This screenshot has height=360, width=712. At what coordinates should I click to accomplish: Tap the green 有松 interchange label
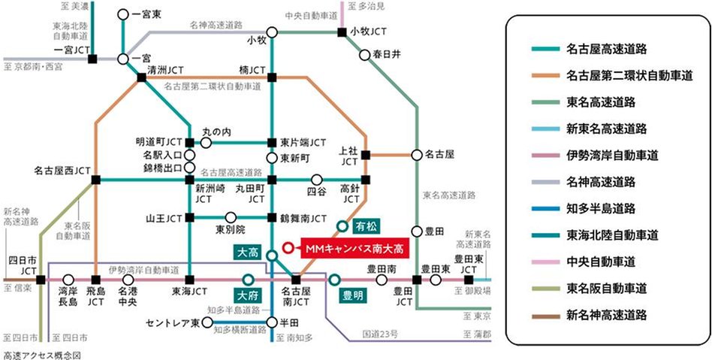coord(365,225)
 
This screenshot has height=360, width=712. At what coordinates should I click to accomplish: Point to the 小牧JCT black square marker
coord(342,32)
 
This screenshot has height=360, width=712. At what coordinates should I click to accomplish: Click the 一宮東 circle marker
coord(123,14)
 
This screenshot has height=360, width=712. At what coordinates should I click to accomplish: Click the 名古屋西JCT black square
coord(96,179)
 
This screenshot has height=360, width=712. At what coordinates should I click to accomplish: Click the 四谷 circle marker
coord(317,179)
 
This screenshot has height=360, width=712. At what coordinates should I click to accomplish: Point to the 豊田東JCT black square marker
coord(469,280)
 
